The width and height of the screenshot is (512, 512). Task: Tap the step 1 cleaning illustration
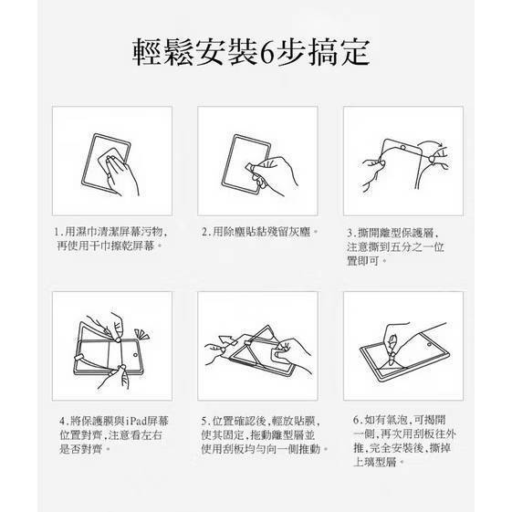click(110, 165)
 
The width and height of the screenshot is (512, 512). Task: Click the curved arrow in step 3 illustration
click(431, 144)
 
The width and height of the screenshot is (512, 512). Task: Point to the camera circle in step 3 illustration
click(403, 148)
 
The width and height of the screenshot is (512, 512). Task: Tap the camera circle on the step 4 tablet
click(135, 355)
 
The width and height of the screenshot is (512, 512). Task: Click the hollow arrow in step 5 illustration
click(227, 340)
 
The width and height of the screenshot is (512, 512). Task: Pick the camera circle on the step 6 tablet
click(429, 344)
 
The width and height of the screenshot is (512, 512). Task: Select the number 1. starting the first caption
click(58, 232)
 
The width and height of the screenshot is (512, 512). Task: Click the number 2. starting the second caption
click(206, 232)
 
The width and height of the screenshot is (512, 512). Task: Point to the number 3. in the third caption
click(351, 233)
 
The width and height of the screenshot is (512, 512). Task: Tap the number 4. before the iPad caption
click(64, 421)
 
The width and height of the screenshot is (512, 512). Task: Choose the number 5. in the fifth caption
click(206, 421)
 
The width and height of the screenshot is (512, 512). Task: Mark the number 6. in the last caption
click(358, 420)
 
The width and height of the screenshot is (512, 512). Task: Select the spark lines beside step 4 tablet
click(141, 335)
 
